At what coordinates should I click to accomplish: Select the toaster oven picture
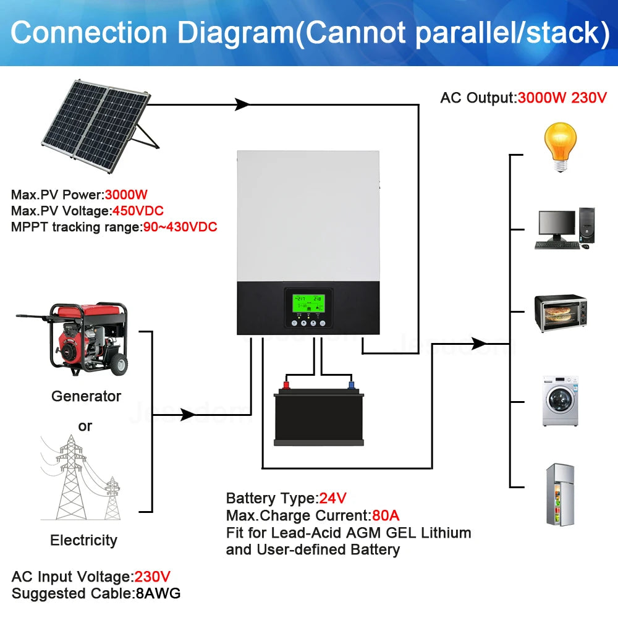560,314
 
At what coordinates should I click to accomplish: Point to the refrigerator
559,494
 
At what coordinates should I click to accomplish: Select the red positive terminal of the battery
286,385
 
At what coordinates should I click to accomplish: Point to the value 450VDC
137,211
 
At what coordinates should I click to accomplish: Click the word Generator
86,396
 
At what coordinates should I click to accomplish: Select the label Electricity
83,540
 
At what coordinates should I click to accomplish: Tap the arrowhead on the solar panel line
242,104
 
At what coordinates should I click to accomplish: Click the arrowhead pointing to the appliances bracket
479,343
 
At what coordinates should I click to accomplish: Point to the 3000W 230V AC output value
562,98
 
